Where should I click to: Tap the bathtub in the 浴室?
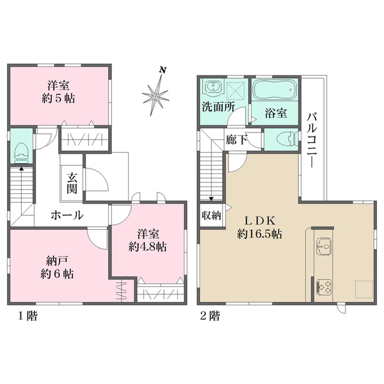275,90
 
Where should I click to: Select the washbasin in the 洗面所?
214,88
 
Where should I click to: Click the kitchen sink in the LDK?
323,246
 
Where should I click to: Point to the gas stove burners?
324,287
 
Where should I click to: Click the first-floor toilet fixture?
21,153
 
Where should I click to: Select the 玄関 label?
72,183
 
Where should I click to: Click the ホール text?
67,215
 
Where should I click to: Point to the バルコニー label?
312,140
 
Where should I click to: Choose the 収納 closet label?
211,215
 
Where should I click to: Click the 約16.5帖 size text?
259,234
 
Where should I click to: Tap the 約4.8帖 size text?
148,247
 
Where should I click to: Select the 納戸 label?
57,261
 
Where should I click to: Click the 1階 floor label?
28,316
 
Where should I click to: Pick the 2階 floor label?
210,316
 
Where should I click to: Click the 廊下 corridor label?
236,140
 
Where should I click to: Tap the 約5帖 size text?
58,99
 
